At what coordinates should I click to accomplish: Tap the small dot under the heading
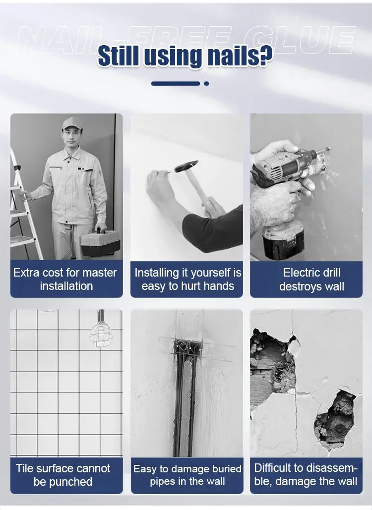(206, 84)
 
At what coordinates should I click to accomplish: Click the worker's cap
(71, 123)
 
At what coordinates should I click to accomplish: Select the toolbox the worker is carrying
(101, 242)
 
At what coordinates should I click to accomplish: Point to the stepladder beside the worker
(24, 208)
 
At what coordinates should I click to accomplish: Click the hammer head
(186, 166)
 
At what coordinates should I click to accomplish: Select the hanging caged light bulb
(101, 334)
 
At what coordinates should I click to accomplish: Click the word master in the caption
(100, 273)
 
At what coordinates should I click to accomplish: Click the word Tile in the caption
(24, 468)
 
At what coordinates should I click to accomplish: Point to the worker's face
(72, 137)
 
